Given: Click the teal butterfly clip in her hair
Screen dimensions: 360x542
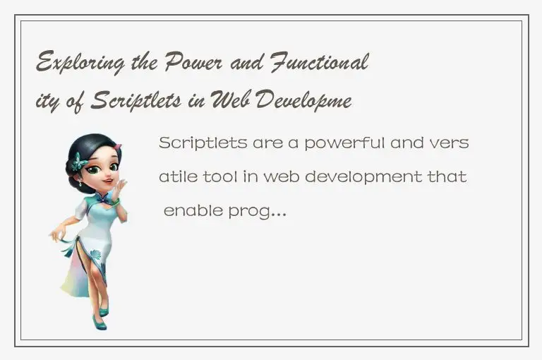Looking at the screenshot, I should [78, 162].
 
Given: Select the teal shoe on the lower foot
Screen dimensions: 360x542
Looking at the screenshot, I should [98, 323].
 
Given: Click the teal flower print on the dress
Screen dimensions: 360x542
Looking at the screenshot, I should [95, 256].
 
